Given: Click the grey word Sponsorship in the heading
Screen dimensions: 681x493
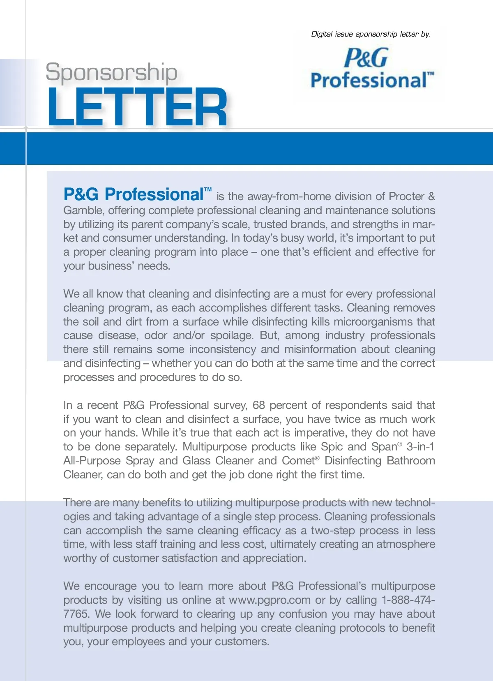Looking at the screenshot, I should (x=111, y=72).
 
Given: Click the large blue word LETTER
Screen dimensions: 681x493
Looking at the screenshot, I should (x=137, y=108).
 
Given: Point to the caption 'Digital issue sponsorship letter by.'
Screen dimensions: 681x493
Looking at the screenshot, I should (x=371, y=34).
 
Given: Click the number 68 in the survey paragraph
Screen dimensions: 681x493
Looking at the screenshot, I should (x=259, y=405).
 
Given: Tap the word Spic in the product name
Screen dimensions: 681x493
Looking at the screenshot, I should (x=332, y=447).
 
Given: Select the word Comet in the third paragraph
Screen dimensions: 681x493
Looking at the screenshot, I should (x=298, y=461).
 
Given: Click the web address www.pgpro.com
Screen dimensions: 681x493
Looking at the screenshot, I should (x=270, y=600).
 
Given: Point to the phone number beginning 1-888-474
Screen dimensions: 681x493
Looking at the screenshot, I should (x=408, y=600).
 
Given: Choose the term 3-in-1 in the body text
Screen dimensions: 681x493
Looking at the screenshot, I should (x=420, y=447).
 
